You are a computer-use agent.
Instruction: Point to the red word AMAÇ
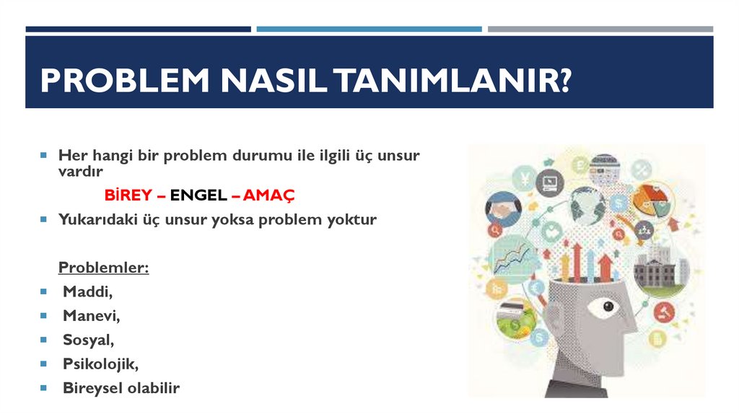269,195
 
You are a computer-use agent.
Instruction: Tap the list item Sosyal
88,340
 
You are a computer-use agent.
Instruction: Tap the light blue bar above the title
369,29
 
